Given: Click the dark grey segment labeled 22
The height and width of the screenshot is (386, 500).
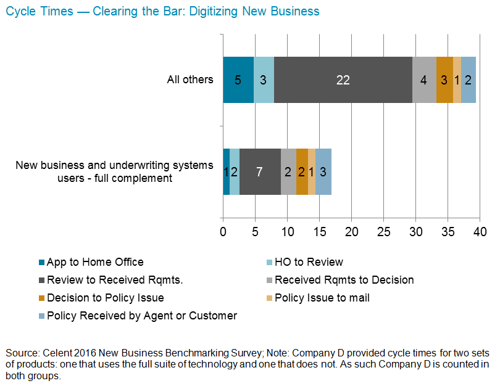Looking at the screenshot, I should pyautogui.click(x=343, y=80).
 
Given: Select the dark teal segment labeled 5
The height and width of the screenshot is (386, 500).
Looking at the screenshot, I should pyautogui.click(x=238, y=80).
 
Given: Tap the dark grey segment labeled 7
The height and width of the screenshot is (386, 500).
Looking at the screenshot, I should pyautogui.click(x=260, y=172).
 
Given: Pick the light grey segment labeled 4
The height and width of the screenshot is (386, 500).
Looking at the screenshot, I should pyautogui.click(x=424, y=80).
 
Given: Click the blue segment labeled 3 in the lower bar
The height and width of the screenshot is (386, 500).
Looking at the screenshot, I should pyautogui.click(x=323, y=172).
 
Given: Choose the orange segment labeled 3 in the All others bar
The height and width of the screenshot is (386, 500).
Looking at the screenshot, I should pyautogui.click(x=444, y=80).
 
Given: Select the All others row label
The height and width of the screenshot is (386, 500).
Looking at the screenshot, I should pyautogui.click(x=190, y=80).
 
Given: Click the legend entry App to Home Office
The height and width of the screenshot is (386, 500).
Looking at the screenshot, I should pyautogui.click(x=95, y=262).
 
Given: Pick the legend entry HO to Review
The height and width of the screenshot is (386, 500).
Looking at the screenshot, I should pyautogui.click(x=309, y=262).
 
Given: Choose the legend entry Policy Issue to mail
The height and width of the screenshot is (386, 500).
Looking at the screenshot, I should pyautogui.click(x=322, y=298).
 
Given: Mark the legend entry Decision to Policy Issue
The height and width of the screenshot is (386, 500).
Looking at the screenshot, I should pyautogui.click(x=105, y=298).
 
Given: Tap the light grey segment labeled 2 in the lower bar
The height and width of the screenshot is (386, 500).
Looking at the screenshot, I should pyautogui.click(x=288, y=172).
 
